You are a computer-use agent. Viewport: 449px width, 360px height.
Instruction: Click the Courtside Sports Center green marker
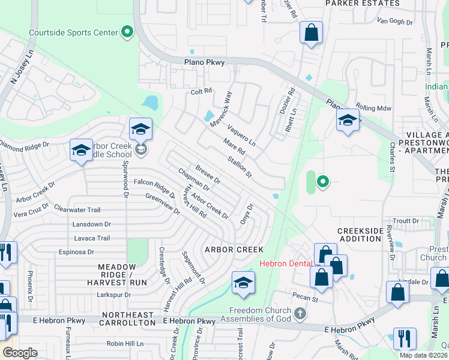(127, 32)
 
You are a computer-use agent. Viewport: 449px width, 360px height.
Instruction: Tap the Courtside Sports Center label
(73, 32)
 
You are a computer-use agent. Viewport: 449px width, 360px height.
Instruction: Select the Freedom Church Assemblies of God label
(260, 314)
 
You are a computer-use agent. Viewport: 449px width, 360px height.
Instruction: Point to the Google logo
(20, 353)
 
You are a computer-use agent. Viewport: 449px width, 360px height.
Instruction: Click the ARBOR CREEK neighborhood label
(234, 250)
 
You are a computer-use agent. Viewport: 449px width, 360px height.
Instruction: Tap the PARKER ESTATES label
(362, 4)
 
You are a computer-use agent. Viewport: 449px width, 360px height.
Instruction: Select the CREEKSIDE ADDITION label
(360, 235)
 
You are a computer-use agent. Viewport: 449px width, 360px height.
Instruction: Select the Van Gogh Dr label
(395, 22)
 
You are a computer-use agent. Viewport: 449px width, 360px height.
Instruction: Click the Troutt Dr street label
(406, 221)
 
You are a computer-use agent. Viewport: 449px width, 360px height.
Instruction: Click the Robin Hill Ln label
(125, 344)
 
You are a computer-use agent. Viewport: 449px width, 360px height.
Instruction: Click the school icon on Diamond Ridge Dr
(81, 152)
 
